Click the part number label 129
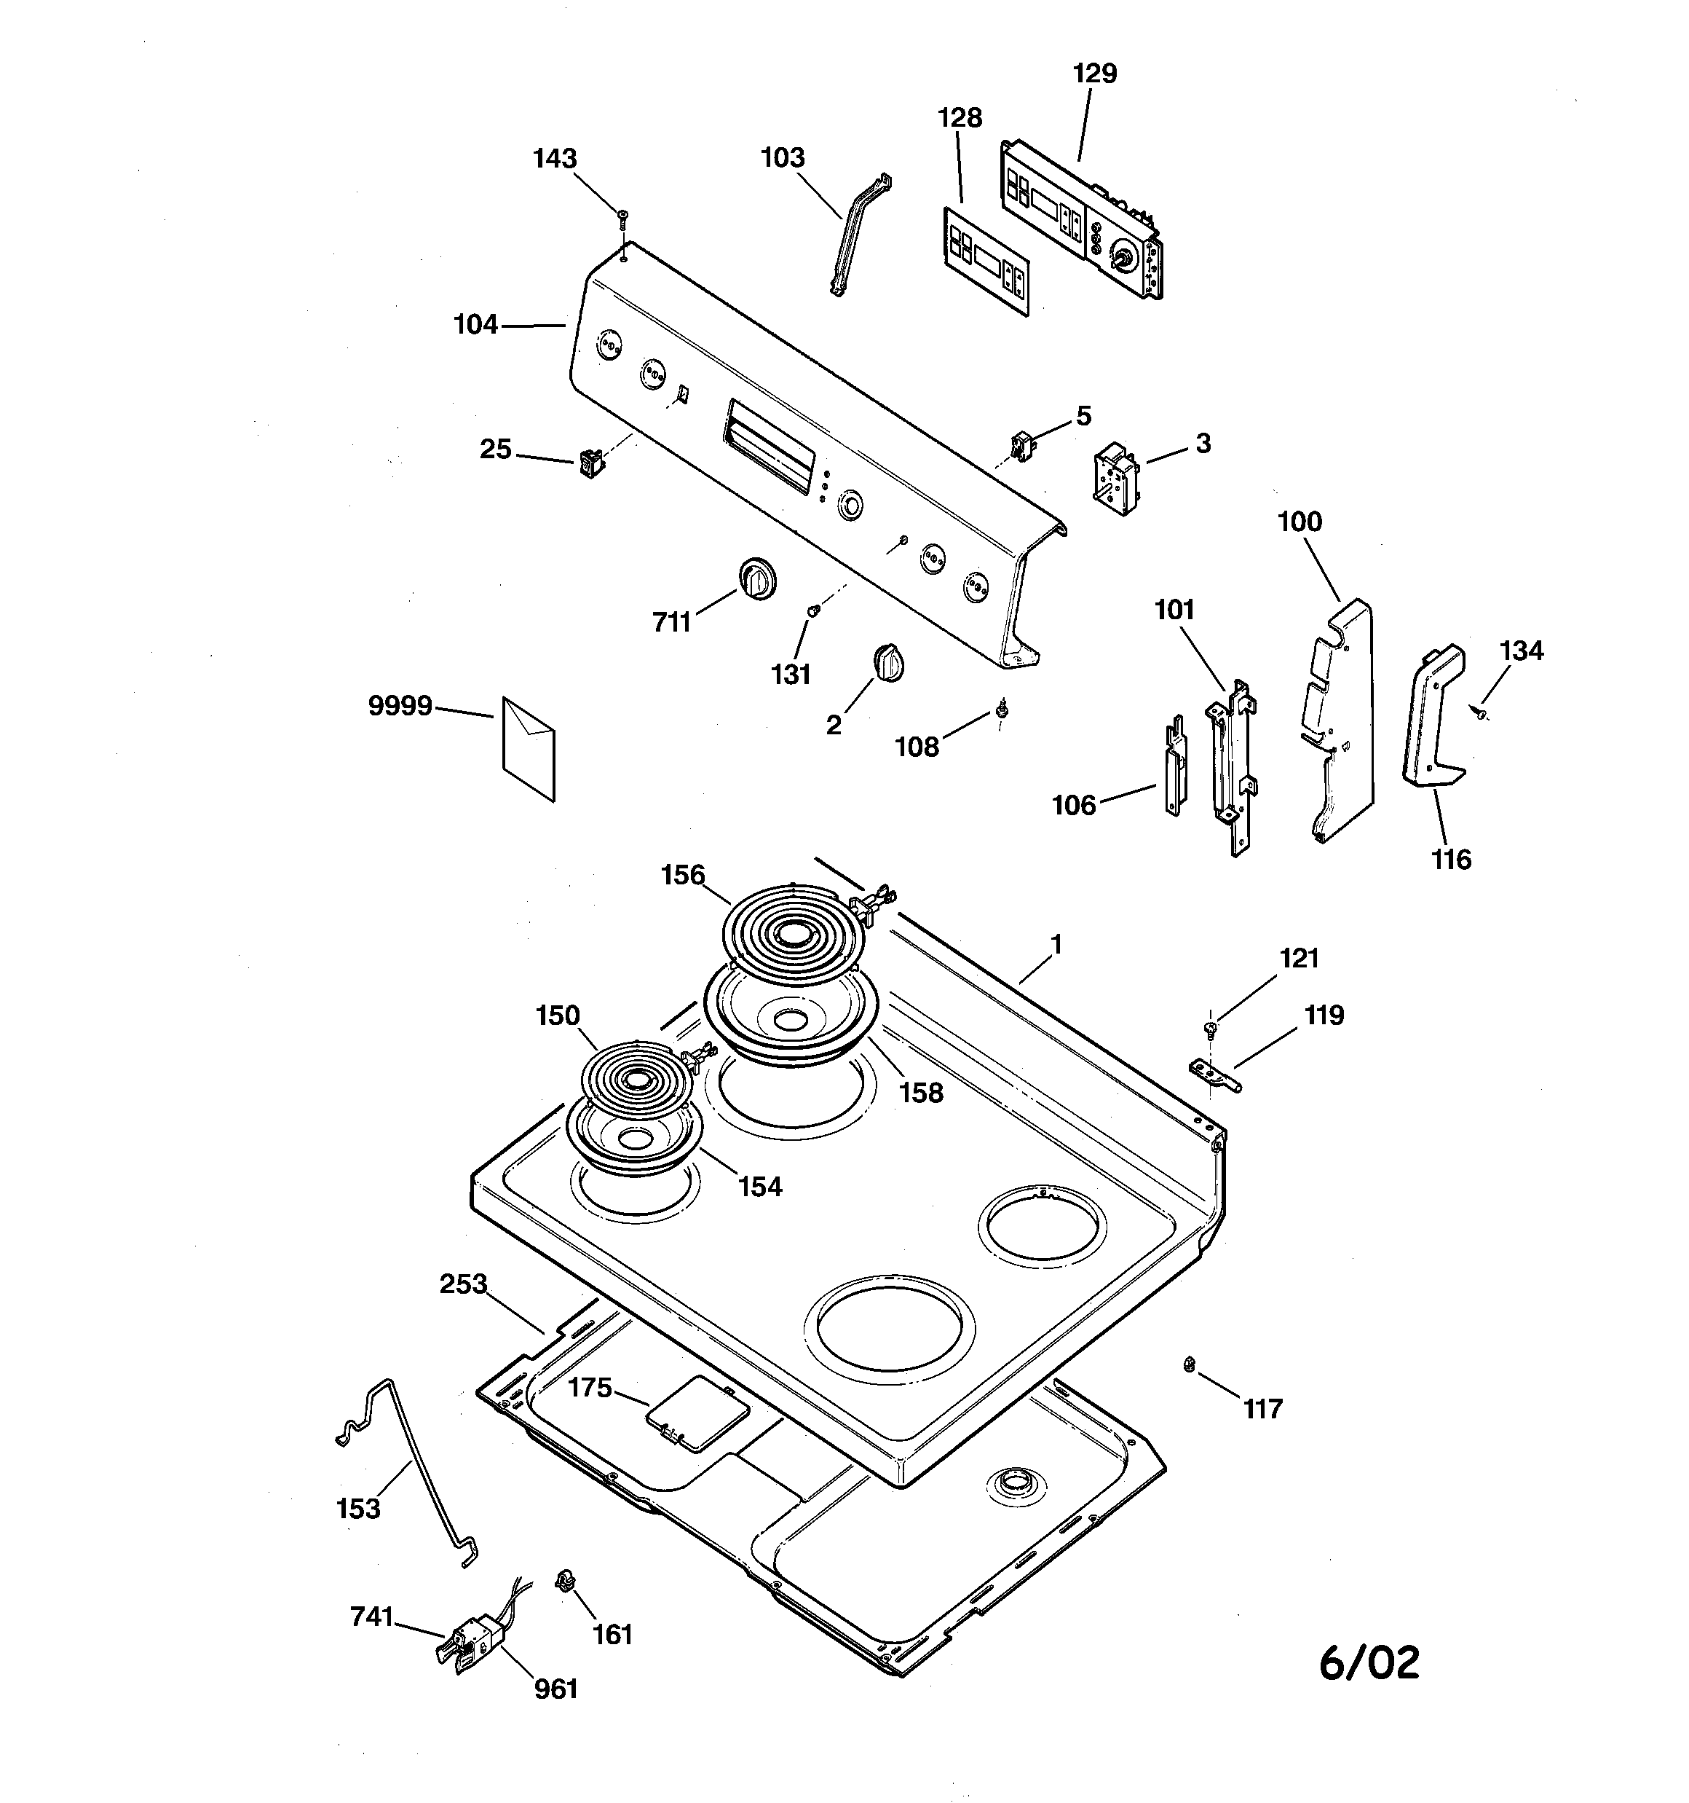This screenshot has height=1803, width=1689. click(1094, 74)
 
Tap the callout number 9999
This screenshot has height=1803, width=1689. click(400, 706)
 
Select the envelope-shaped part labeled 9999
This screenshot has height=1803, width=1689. click(529, 749)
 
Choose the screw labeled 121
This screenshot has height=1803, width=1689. click(1209, 1029)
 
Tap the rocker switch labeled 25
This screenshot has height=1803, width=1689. click(591, 463)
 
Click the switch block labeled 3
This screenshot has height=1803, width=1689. click(1116, 478)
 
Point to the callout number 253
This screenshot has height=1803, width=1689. click(463, 1284)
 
